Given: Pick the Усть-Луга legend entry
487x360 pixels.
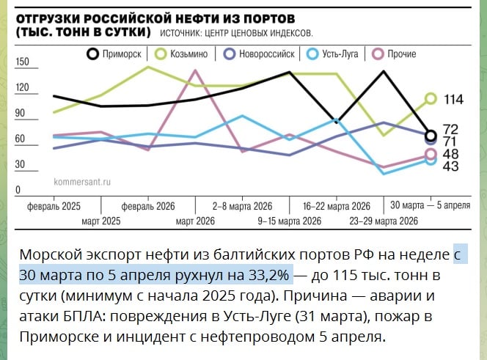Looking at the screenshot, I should point(334,54).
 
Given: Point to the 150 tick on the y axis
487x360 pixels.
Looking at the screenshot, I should point(22,62).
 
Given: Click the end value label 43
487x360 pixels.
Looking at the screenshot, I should point(451,166).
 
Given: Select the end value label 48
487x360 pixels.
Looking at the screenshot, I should point(451,154).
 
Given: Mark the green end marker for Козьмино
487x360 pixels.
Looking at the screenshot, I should point(431,98).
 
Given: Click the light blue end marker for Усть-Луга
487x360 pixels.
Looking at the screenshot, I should point(431,161).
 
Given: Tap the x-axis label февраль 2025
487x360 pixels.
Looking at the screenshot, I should point(54,206).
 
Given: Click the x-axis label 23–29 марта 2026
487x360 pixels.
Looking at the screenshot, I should point(383,221).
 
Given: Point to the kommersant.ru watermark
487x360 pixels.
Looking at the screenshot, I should point(81,180).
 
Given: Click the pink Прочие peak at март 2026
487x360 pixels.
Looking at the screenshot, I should point(196,70).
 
